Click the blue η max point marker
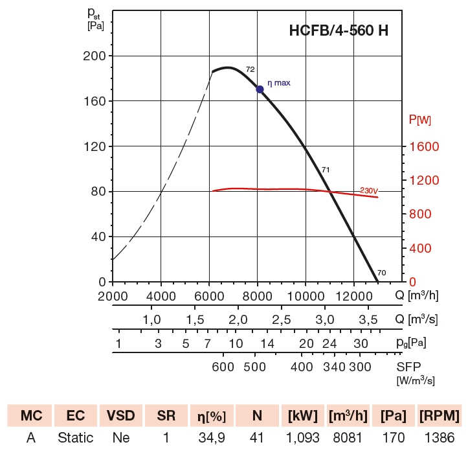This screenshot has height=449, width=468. click(260, 89)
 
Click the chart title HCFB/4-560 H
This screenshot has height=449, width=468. click(338, 30)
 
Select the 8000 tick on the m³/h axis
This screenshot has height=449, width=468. click(258, 295)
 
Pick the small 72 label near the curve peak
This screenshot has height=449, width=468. click(250, 69)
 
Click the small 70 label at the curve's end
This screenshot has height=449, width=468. click(381, 273)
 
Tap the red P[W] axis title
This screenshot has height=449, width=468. click(420, 120)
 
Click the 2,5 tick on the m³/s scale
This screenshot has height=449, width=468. click(281, 320)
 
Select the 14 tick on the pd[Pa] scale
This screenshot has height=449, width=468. click(267, 343)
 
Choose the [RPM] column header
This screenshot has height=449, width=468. click(439, 415)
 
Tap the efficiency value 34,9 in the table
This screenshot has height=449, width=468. click(211, 438)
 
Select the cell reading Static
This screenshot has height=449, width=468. click(75, 438)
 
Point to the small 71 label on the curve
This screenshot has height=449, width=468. click(326, 170)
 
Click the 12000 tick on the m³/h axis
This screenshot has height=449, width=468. click(353, 295)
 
